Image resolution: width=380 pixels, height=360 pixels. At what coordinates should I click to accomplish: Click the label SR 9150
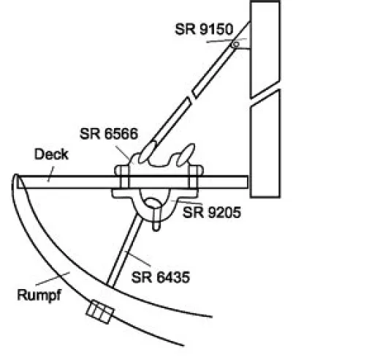click(x=204, y=29)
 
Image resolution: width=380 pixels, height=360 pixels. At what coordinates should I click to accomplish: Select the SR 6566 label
click(x=109, y=134)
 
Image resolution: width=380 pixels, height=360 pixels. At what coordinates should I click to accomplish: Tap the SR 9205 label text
click(x=212, y=212)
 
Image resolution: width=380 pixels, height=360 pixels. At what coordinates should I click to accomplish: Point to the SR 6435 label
click(x=161, y=277)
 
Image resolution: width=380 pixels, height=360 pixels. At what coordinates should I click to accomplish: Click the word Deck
click(x=51, y=154)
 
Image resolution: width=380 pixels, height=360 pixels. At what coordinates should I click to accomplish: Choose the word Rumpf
click(x=39, y=295)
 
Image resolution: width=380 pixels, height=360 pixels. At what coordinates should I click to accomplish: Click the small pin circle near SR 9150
click(x=235, y=45)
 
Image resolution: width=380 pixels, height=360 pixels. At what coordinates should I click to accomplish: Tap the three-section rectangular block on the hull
click(x=100, y=312)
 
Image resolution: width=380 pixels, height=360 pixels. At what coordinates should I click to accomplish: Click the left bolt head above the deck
click(x=121, y=170)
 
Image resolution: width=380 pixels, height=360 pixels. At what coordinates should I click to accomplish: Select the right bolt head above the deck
click(x=197, y=170)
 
